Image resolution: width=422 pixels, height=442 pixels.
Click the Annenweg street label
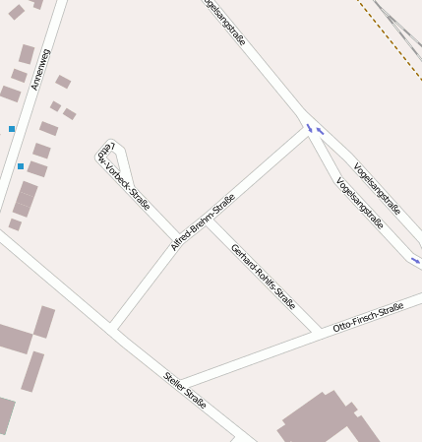[40, 69]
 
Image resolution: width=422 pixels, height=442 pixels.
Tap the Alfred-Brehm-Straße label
[203, 222]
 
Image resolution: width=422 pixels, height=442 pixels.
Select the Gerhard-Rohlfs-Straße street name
[263, 275]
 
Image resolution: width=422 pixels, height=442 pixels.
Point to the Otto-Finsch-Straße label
[368, 316]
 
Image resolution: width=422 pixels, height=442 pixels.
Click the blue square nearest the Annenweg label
[12, 129]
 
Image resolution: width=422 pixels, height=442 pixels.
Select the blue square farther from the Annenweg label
[20, 166]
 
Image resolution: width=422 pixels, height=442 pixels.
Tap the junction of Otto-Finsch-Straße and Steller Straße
[181, 383]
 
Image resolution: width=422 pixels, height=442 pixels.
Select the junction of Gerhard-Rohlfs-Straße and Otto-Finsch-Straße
[316, 333]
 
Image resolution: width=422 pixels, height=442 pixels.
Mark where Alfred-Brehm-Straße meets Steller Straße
[112, 327]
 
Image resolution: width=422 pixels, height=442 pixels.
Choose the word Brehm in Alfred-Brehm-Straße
[204, 221]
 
